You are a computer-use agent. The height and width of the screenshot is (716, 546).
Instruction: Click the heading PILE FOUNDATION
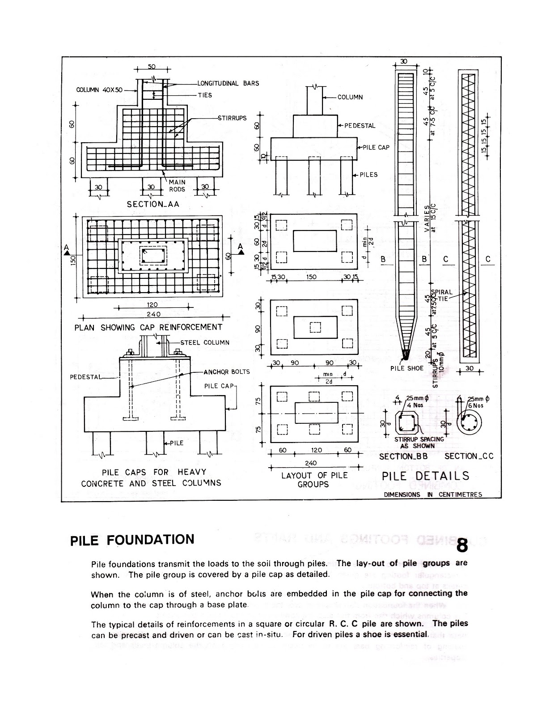coord(132,539)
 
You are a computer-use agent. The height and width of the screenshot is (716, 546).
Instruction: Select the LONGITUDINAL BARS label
coord(228,83)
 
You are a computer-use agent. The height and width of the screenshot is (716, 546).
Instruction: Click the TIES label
coord(205,95)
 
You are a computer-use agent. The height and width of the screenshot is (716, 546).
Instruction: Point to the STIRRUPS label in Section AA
coord(232,118)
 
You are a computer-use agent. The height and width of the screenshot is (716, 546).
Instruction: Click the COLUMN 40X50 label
coord(99,89)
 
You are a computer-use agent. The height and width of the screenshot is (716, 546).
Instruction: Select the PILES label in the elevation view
coord(368,175)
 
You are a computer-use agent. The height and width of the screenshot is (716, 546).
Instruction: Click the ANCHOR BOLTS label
coord(226,371)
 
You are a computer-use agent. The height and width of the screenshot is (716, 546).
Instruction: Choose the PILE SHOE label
coord(406,368)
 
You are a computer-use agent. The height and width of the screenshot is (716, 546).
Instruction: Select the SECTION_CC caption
coord(469,456)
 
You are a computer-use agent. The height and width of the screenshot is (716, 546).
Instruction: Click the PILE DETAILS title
coord(425,476)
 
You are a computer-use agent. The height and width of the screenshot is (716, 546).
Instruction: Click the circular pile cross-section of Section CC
coord(470,422)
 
